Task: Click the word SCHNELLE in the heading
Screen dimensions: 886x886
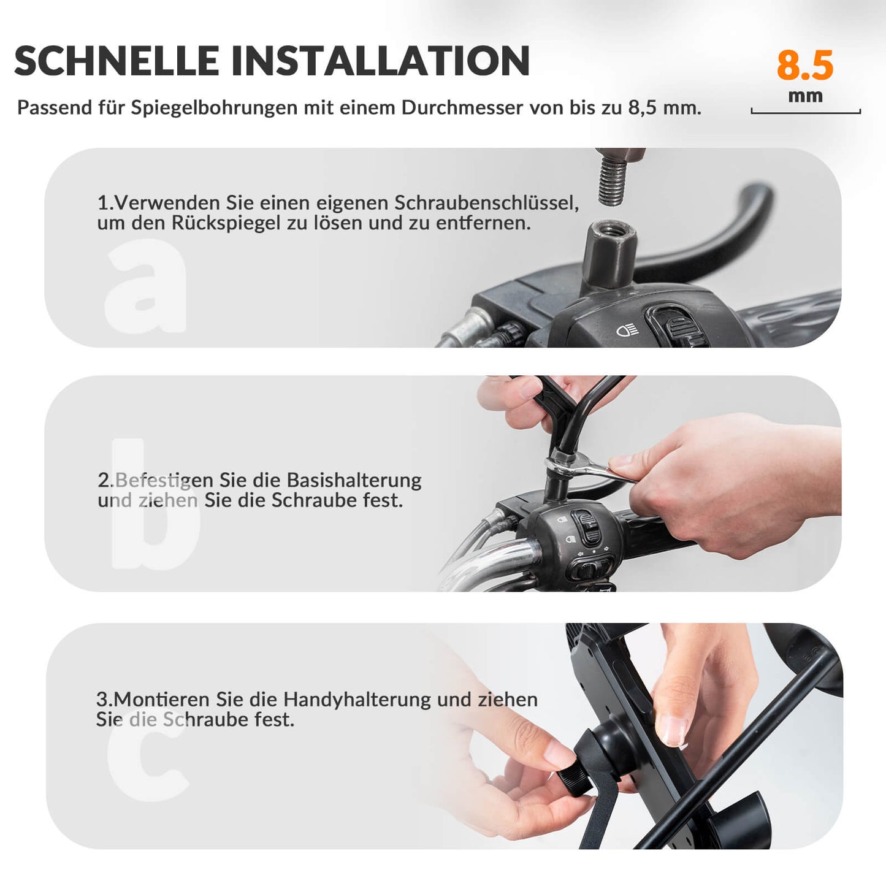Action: click(x=116, y=61)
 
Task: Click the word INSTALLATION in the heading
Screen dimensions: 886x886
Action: click(x=380, y=61)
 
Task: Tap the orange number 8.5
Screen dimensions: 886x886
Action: click(x=805, y=66)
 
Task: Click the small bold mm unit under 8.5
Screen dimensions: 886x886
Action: click(x=805, y=96)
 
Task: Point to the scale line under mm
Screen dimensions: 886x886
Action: click(x=806, y=112)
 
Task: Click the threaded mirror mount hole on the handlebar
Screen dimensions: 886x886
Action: click(x=611, y=232)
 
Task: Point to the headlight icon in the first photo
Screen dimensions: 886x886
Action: click(x=627, y=331)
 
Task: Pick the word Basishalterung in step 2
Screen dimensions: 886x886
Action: click(x=354, y=480)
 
